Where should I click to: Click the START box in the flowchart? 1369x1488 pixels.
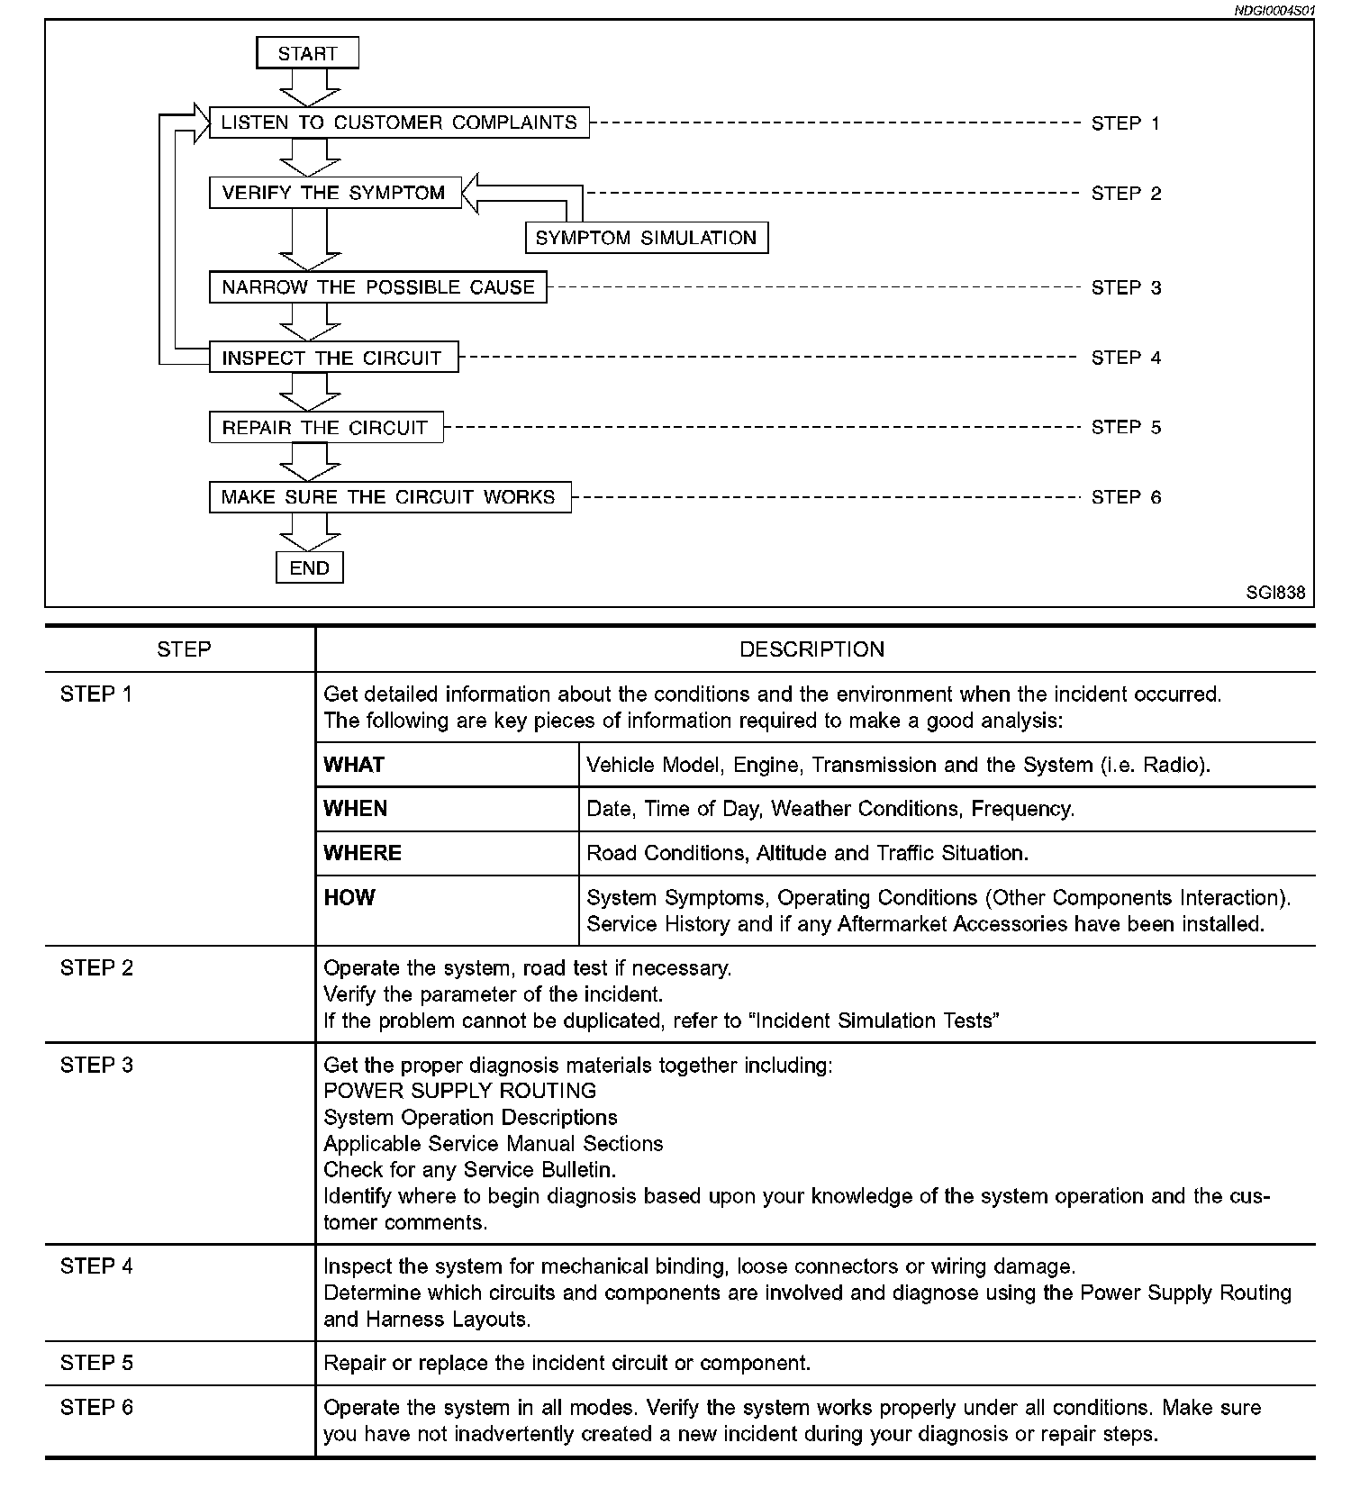(307, 53)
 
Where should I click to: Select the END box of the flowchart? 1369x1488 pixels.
(309, 568)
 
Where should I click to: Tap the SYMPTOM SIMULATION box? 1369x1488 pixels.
(646, 238)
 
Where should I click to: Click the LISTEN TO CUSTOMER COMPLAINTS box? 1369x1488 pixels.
(399, 122)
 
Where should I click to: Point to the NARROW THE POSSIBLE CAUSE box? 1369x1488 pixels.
(377, 287)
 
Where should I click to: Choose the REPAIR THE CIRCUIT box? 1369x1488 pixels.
(325, 428)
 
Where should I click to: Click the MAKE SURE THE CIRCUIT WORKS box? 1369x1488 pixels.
(389, 497)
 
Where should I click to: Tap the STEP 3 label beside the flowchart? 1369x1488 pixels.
(1126, 288)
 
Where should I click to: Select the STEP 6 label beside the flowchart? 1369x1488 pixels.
(1126, 497)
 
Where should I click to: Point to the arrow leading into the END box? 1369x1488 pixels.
(309, 532)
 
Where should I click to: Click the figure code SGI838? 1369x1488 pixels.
(1275, 593)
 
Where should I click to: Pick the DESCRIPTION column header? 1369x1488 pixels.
(811, 649)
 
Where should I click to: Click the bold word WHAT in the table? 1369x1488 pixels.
(354, 765)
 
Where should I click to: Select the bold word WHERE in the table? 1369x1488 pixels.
(362, 853)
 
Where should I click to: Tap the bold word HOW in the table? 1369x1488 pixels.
(349, 897)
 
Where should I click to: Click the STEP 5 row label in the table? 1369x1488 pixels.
(96, 1363)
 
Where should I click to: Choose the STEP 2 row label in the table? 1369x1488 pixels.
(96, 968)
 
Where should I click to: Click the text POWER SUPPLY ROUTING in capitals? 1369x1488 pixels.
(459, 1091)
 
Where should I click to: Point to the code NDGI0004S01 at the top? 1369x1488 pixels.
(1274, 11)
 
